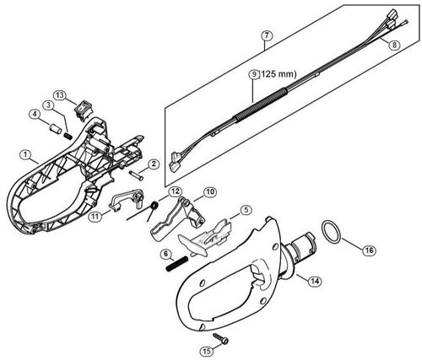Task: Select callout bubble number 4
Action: click(x=35, y=115)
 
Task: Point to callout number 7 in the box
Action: click(x=267, y=35)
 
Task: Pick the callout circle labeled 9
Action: click(x=252, y=74)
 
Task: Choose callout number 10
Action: click(x=209, y=192)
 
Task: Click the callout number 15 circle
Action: click(x=206, y=350)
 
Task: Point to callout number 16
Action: click(x=368, y=250)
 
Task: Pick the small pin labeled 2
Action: click(x=136, y=175)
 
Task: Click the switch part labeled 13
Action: click(x=84, y=108)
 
